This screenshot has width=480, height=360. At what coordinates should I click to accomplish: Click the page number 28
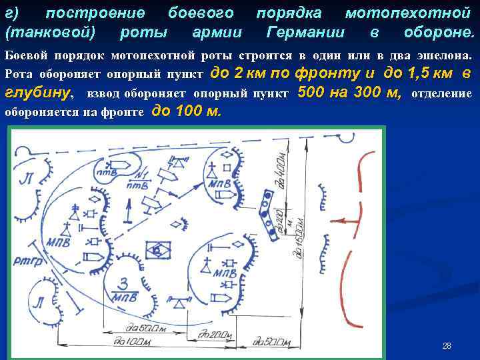pos(447,345)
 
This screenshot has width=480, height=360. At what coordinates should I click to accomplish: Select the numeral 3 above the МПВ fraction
pos(124,281)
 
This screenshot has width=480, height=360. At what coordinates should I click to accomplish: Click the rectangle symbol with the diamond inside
pos(158,250)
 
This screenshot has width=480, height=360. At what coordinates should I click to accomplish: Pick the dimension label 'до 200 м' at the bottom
pos(271,342)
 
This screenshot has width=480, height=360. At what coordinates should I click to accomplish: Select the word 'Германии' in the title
pos(305,33)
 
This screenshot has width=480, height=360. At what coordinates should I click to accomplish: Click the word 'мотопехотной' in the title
pos(410,13)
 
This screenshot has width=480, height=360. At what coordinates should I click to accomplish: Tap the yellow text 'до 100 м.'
pos(187,111)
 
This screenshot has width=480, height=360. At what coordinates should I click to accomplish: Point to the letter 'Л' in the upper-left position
pos(26,178)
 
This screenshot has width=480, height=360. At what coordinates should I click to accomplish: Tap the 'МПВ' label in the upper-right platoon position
pos(219,183)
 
